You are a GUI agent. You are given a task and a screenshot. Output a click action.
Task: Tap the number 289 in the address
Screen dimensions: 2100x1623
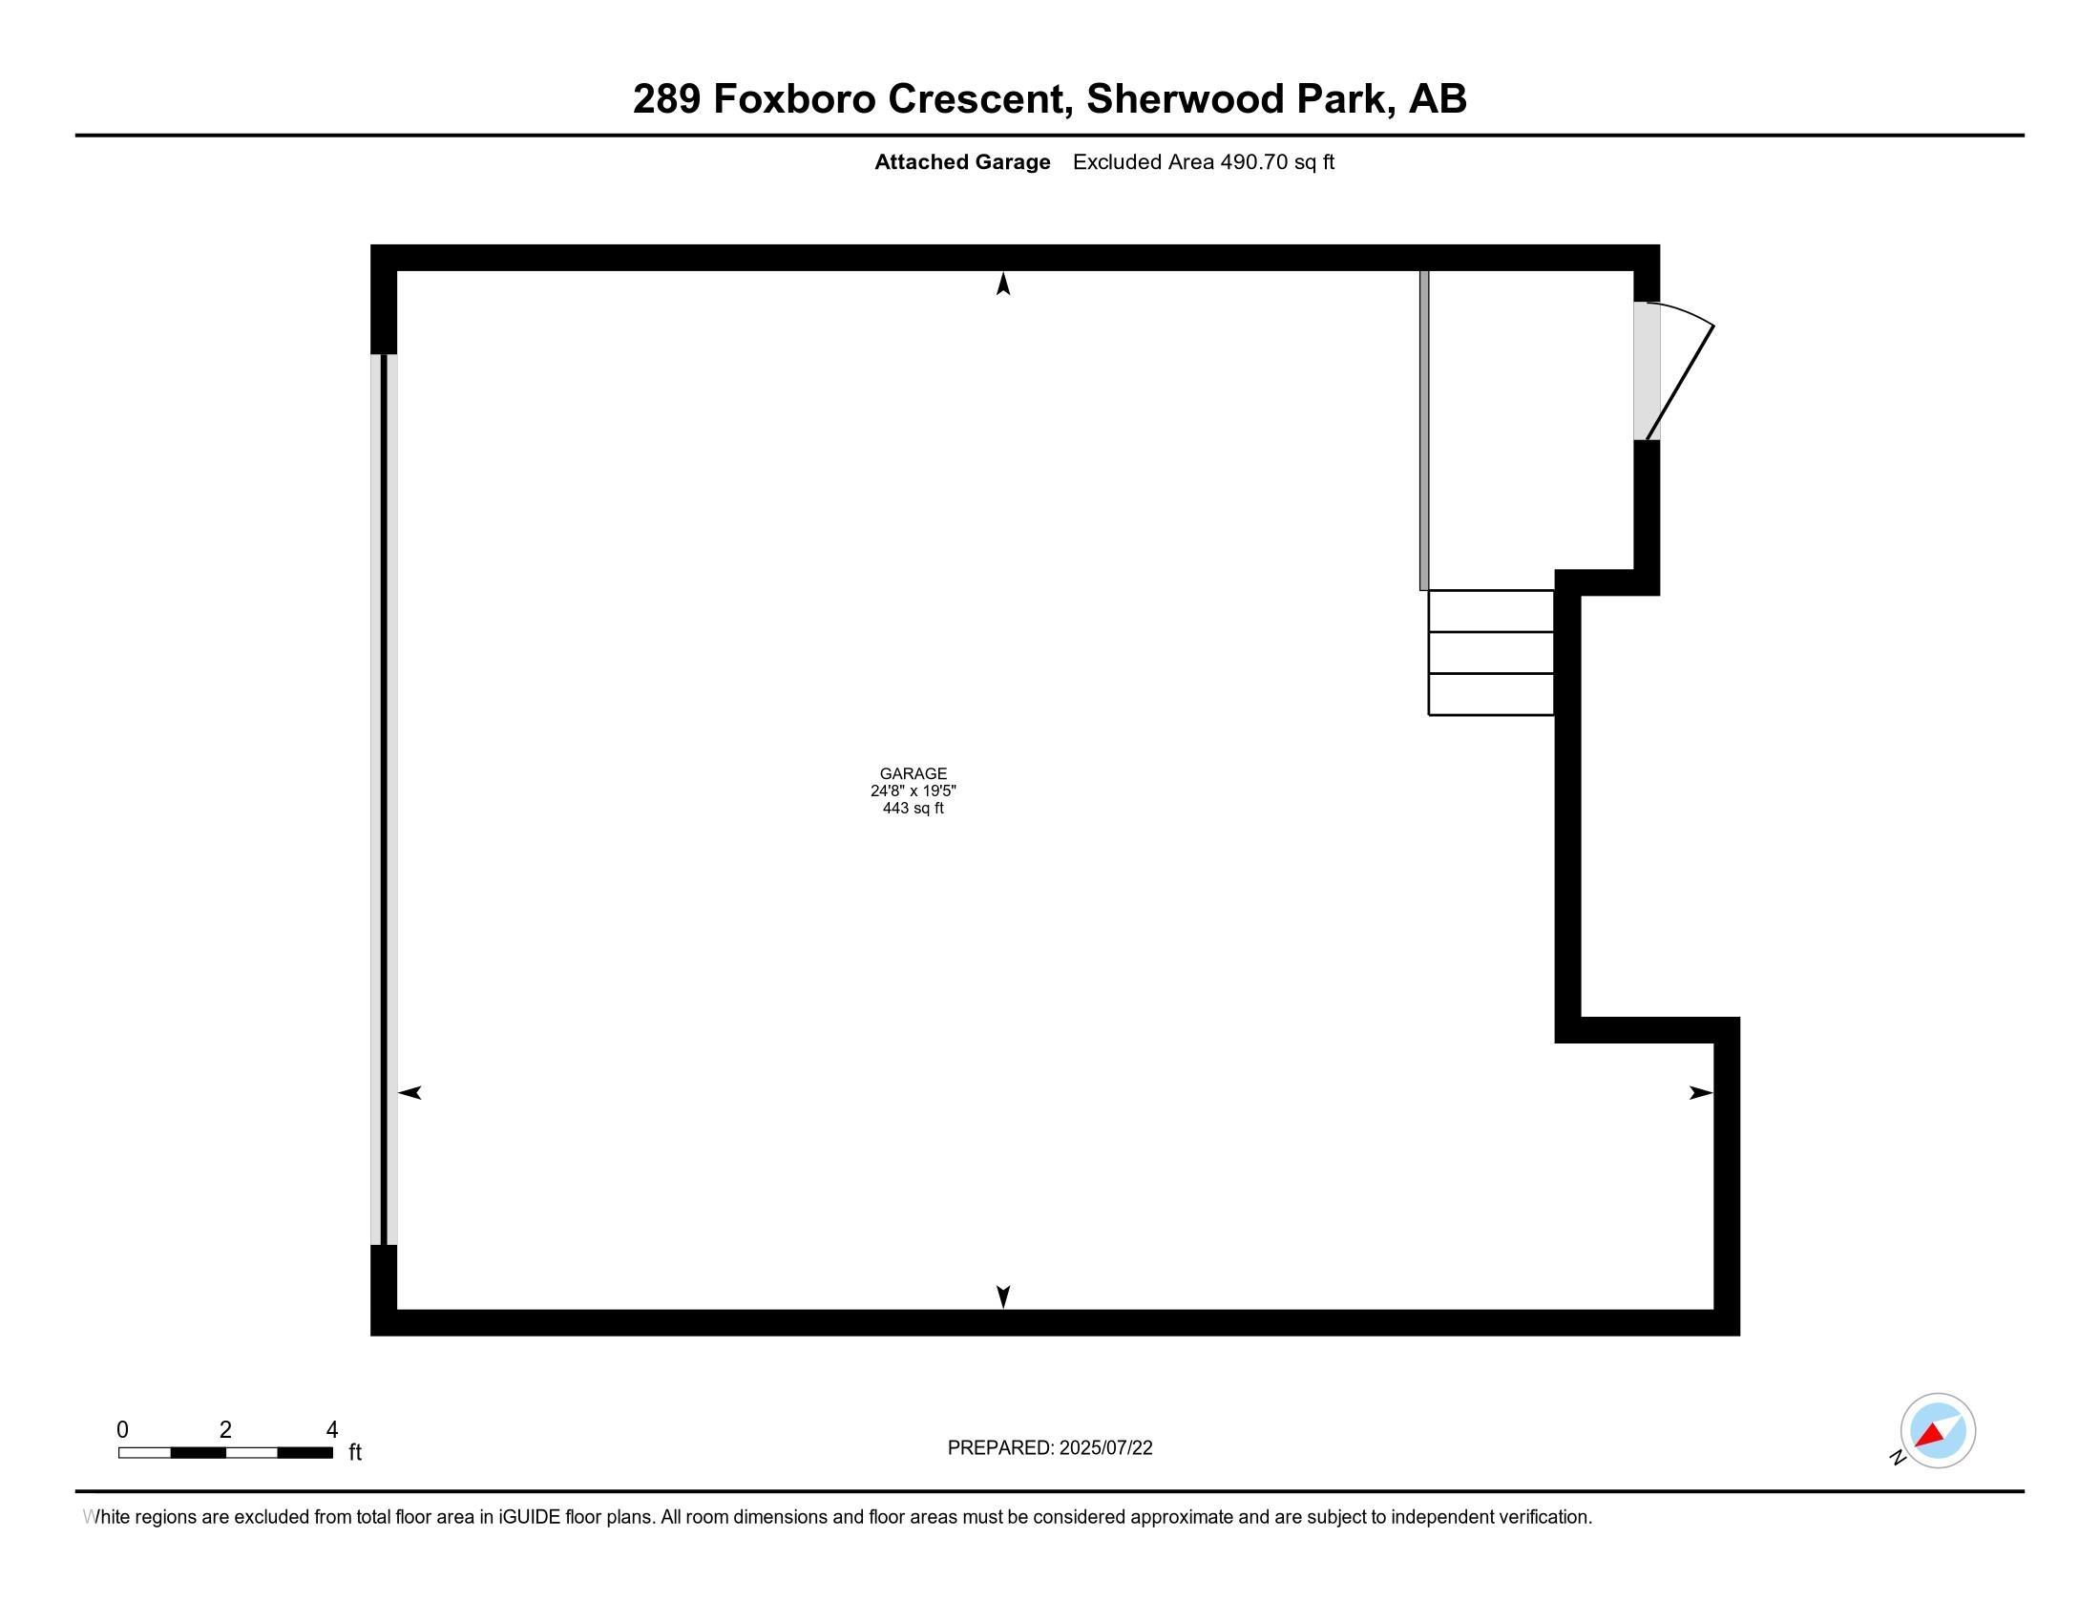pyautogui.click(x=665, y=99)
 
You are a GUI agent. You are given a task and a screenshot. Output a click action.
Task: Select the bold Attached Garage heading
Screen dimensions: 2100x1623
pyautogui.click(x=961, y=162)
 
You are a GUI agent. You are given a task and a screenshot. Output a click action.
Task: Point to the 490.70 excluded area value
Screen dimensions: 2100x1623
pyautogui.click(x=1254, y=161)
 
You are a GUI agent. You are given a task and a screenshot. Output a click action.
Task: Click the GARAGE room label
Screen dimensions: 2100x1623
pyautogui.click(x=913, y=773)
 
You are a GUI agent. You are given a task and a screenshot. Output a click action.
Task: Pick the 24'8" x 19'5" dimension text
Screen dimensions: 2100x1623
pyautogui.click(x=913, y=790)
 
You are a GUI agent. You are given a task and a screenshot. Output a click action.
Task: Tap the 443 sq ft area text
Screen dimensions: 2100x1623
pyautogui.click(x=913, y=808)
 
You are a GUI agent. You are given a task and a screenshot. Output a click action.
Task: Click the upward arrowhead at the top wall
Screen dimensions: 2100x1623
pyautogui.click(x=1003, y=284)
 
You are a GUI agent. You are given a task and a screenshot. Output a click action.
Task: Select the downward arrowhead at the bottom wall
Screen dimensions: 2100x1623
pyautogui.click(x=1003, y=1296)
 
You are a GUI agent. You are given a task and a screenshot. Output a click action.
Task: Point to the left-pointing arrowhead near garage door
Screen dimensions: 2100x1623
pyautogui.click(x=409, y=1092)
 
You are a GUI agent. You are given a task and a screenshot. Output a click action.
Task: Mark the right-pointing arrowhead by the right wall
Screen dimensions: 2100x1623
pyautogui.click(x=1701, y=1092)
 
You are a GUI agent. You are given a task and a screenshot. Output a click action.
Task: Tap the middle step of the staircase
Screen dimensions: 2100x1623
pyautogui.click(x=1491, y=653)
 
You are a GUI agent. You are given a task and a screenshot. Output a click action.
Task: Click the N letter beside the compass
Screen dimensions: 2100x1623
pyautogui.click(x=1898, y=1458)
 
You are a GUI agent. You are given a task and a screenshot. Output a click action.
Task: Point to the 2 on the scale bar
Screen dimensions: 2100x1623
pyautogui.click(x=225, y=1430)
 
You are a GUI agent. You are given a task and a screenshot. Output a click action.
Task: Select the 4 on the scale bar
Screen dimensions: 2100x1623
pyautogui.click(x=332, y=1430)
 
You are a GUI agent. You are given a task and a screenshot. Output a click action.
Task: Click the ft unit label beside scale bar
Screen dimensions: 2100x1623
pyautogui.click(x=355, y=1452)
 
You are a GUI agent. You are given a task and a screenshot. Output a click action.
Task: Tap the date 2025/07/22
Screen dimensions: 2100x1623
pyautogui.click(x=1105, y=1448)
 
